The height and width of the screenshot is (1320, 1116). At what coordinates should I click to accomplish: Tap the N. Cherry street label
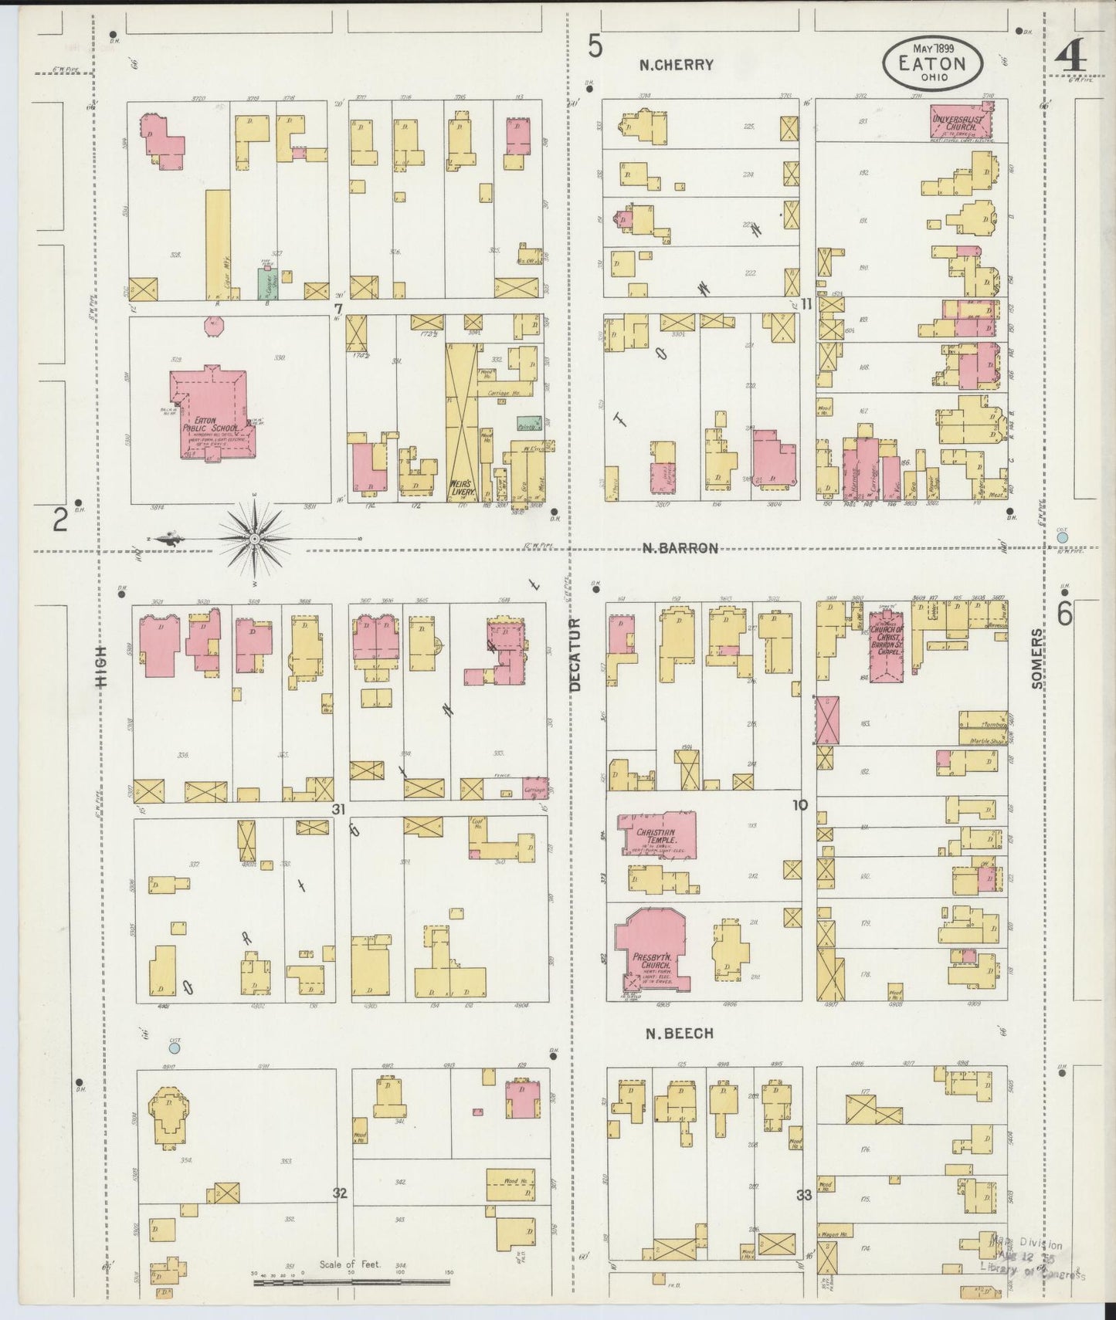[x=676, y=66]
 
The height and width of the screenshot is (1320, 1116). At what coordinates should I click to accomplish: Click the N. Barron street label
[x=680, y=548]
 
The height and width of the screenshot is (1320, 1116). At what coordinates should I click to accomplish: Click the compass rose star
[x=255, y=538]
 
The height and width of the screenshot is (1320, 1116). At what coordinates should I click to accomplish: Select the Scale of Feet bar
[x=351, y=1283]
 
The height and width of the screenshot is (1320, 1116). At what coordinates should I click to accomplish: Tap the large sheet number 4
[x=1072, y=56]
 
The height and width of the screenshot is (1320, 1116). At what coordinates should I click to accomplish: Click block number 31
[x=338, y=808]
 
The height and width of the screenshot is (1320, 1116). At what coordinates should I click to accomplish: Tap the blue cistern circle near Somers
[x=1063, y=536]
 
